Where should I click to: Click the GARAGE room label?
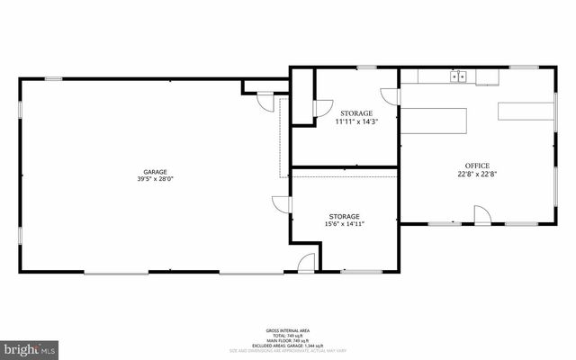click(155, 172)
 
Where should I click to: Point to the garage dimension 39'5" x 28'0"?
click(155, 179)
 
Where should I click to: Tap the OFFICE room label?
click(477, 166)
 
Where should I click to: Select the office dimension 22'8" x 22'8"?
click(477, 175)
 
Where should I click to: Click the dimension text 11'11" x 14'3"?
click(356, 121)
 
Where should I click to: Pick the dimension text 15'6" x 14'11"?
click(344, 224)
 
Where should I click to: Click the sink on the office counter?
click(460, 77)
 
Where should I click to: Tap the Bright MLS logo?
click(30, 346)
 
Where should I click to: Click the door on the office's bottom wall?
click(482, 215)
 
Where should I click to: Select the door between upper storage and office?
click(390, 96)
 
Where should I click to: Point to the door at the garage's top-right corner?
click(265, 101)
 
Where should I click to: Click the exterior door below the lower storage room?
click(307, 263)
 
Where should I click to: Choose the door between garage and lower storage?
click(281, 204)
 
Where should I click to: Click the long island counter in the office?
click(433, 121)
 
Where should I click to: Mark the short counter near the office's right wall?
click(526, 112)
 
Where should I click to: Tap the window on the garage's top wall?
click(54, 79)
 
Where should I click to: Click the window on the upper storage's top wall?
click(366, 67)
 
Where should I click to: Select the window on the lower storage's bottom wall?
click(362, 271)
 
